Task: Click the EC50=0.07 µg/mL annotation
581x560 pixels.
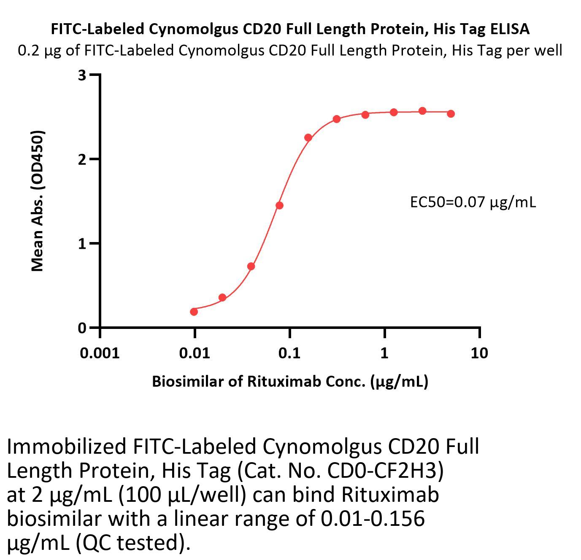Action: pos(473,202)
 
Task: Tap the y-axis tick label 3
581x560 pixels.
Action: pos(82,75)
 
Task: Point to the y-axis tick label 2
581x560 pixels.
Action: pos(82,159)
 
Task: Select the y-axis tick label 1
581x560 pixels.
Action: pos(82,244)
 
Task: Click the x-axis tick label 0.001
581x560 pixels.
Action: pos(100,353)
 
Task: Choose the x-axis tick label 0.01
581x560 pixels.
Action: pos(195,353)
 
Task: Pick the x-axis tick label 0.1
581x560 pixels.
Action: pos(289,353)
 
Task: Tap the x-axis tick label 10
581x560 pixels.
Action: pos(479,353)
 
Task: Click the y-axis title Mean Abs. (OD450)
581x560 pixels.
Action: pos(38,201)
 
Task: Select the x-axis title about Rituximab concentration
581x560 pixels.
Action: pos(290,381)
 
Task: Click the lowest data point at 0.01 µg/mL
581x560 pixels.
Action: pos(194,312)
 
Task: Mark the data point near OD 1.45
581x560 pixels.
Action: pos(279,205)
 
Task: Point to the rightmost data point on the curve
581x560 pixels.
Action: pos(451,113)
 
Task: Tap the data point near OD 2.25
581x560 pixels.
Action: pos(308,137)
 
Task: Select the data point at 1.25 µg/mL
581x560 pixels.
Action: pos(394,112)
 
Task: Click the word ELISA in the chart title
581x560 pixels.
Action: pos(510,29)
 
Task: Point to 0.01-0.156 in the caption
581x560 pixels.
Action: pos(373,518)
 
